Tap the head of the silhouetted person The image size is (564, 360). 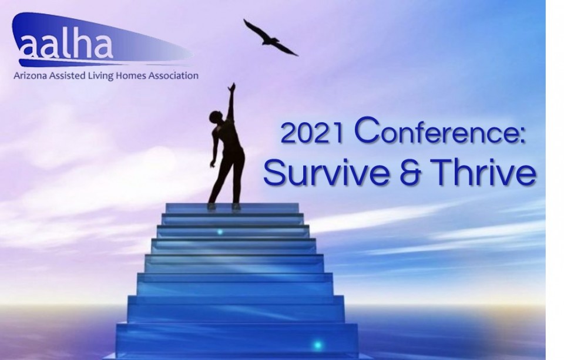(216, 117)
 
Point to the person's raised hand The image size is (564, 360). (232, 88)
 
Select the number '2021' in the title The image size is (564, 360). (311, 133)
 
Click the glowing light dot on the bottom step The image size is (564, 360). (317, 345)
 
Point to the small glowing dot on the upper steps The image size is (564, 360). (220, 232)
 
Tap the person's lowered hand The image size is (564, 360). (213, 164)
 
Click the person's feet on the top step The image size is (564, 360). (224, 207)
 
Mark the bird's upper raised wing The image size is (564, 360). (253, 28)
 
